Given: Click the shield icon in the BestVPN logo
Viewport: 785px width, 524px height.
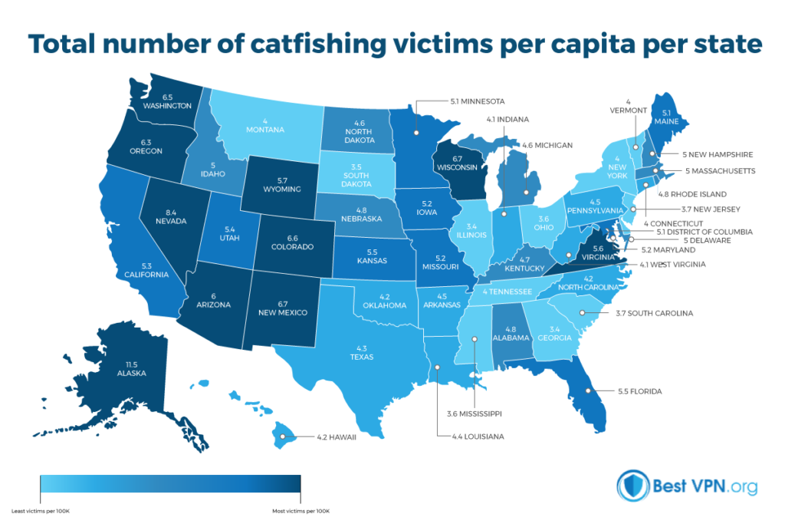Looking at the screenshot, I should pos(630,486).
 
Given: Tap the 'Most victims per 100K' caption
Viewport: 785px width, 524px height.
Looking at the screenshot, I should pos(301,510).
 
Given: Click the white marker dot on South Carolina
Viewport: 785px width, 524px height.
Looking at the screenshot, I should pos(583,312).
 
